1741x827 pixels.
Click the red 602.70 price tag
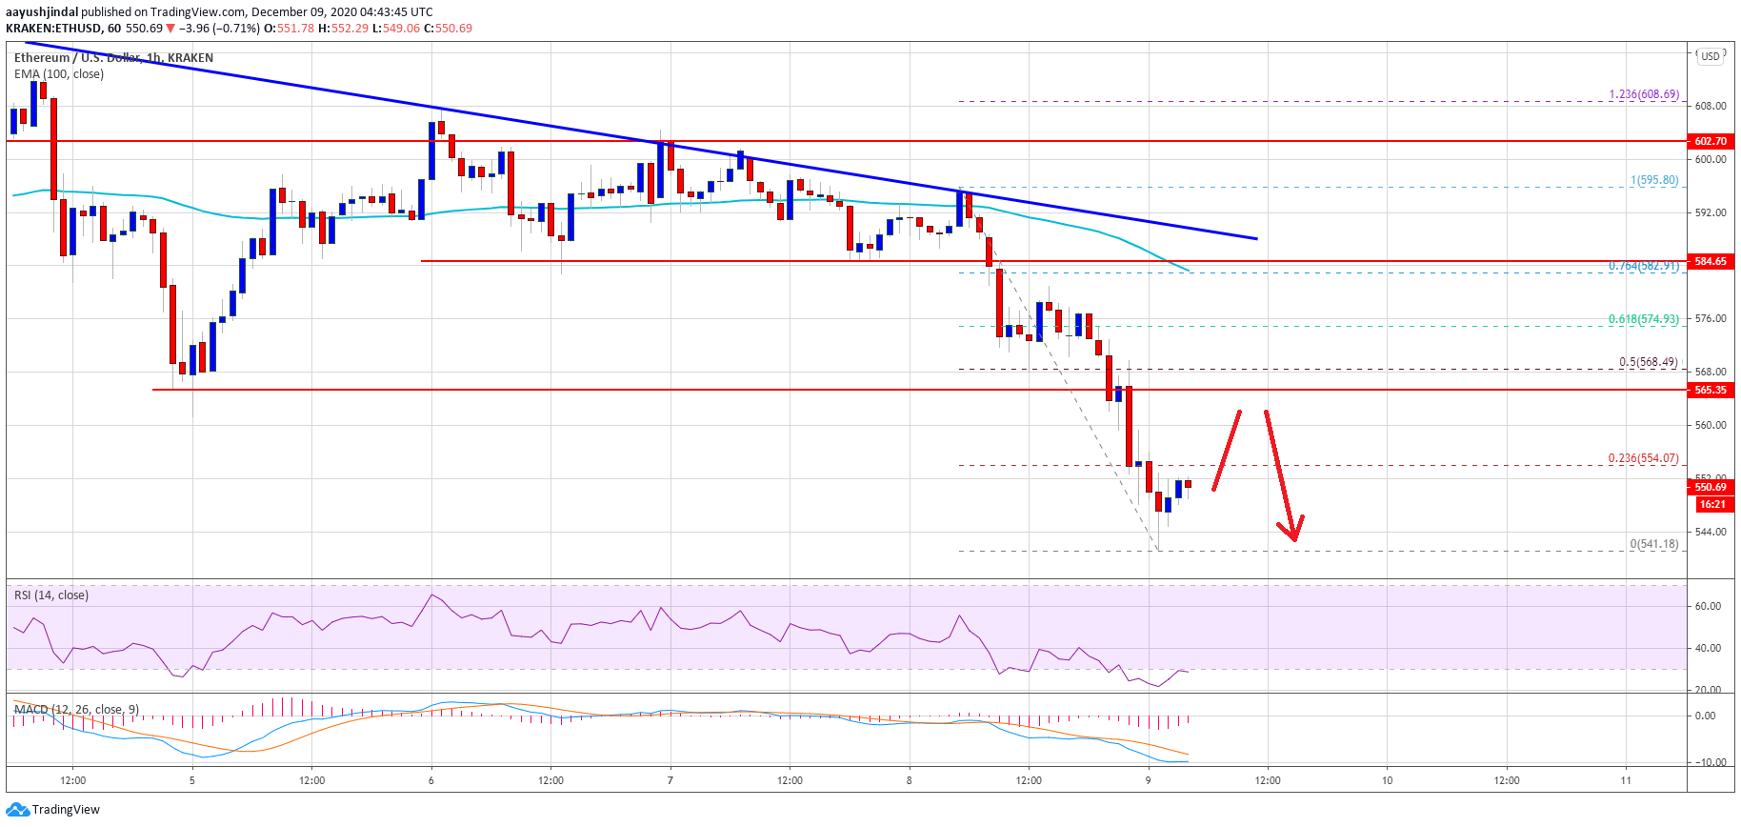(x=1711, y=141)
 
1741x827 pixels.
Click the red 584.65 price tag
(x=1711, y=261)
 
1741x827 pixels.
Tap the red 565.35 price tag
(x=1711, y=390)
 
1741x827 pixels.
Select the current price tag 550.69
(x=1711, y=487)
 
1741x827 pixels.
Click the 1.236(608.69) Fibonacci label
(x=1644, y=94)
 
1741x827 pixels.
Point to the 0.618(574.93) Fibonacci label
(x=1643, y=319)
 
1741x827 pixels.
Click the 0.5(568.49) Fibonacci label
(x=1649, y=362)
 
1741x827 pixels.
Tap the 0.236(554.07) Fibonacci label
(x=1643, y=458)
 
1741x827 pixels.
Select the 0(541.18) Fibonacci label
(x=1654, y=544)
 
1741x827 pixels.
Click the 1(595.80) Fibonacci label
(x=1654, y=180)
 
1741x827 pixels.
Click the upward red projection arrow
(x=1227, y=450)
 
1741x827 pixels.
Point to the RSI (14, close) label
(x=51, y=595)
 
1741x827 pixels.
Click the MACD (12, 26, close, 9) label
(x=76, y=709)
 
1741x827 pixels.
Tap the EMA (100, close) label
(x=59, y=74)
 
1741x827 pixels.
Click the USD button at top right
(x=1711, y=56)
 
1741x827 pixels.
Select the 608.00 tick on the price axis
(x=1711, y=106)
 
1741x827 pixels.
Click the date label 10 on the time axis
(x=1387, y=780)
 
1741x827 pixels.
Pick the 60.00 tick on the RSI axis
(x=1708, y=606)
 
